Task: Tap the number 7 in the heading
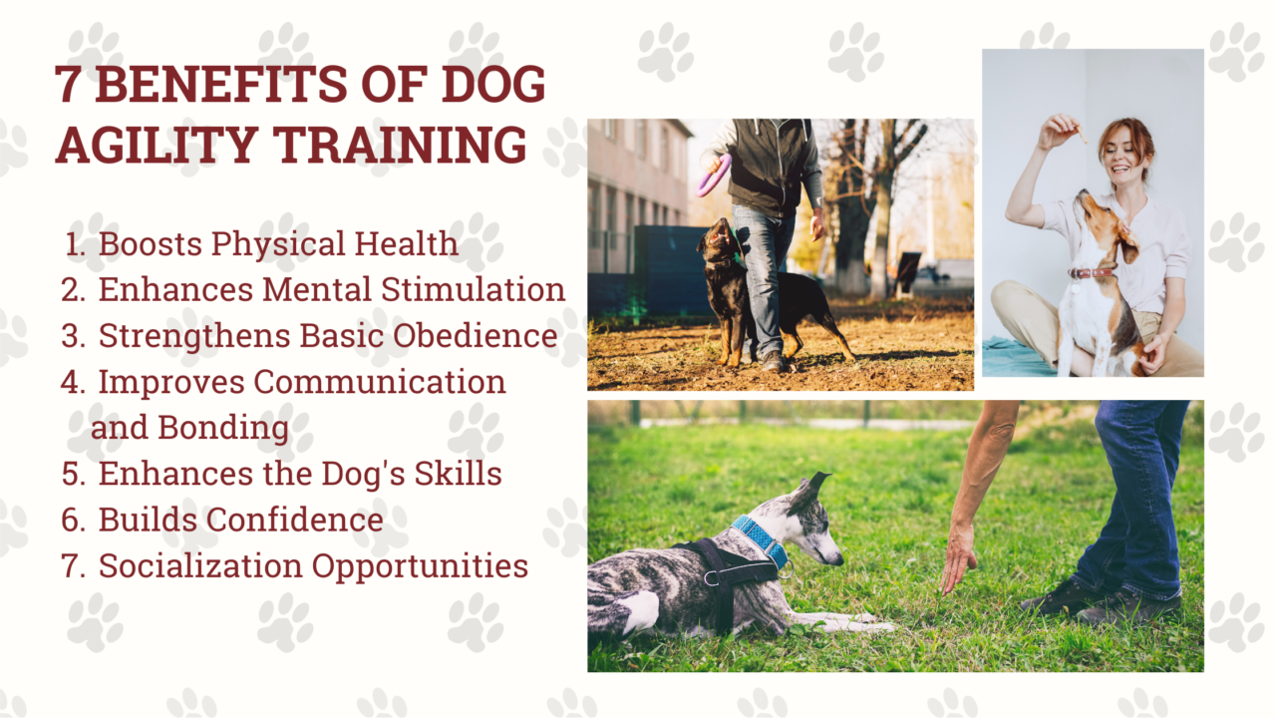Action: coord(68,87)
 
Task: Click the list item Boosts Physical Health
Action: coord(278,243)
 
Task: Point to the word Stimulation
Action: coord(478,289)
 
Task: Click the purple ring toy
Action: coord(714,175)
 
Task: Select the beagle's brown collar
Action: coord(1092,272)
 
